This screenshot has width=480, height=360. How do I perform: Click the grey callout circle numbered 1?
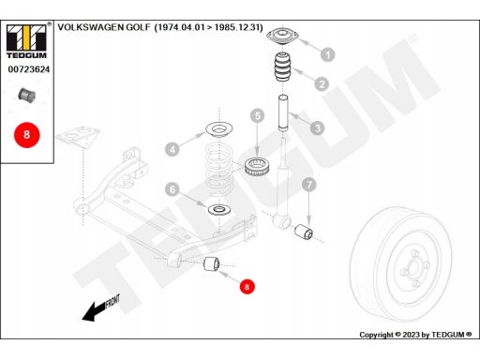[x=328, y=54]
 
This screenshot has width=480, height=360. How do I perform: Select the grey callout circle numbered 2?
[x=322, y=83]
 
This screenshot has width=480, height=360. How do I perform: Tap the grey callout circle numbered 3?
[x=318, y=127]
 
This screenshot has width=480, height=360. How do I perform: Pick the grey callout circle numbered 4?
[x=172, y=149]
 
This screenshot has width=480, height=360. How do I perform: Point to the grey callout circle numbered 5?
[x=258, y=116]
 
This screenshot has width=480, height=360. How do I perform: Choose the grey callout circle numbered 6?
[x=172, y=189]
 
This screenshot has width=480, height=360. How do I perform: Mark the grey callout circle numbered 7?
[x=309, y=185]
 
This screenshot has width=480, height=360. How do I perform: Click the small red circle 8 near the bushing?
[x=247, y=287]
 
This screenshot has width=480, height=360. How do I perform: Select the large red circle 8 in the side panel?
[x=27, y=135]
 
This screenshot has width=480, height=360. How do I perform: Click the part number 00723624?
[x=29, y=69]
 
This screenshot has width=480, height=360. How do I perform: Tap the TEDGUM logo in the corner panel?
[x=26, y=42]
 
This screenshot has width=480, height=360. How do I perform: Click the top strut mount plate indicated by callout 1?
[x=283, y=36]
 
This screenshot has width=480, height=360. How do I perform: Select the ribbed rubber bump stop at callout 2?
[x=283, y=67]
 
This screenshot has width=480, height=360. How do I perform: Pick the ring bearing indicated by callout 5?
[x=256, y=167]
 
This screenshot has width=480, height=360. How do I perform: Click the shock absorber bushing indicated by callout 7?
[x=304, y=232]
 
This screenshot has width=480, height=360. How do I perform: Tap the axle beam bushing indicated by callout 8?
[x=212, y=264]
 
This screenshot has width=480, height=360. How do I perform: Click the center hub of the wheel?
[x=413, y=267]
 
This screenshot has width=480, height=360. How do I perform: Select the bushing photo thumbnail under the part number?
[x=26, y=95]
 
